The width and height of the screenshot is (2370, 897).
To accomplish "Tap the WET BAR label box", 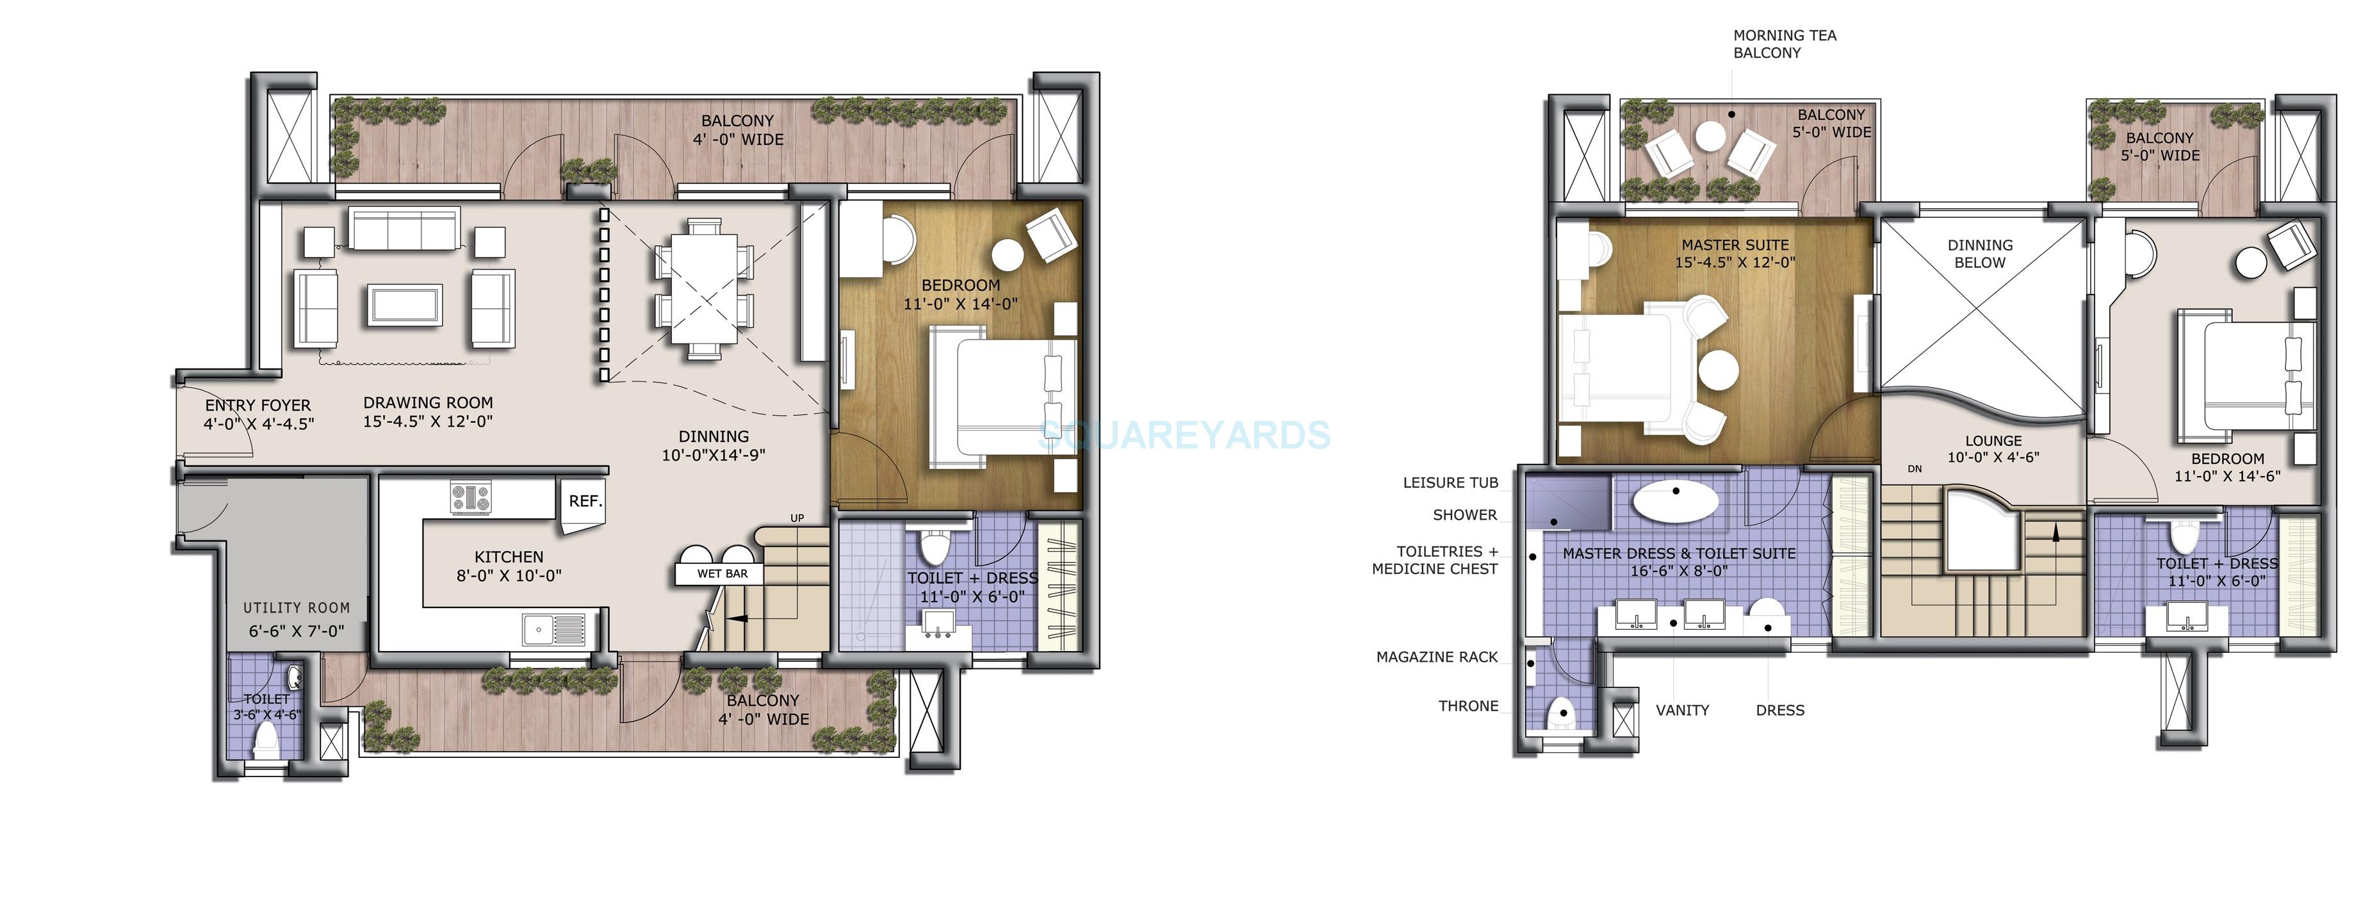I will [723, 574].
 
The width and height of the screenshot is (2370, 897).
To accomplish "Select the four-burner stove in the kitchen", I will [470, 498].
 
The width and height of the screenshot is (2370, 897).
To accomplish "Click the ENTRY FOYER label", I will [257, 406].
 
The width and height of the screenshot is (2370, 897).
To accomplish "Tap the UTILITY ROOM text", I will [296, 608].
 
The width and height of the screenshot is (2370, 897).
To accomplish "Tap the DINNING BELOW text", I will [1979, 254].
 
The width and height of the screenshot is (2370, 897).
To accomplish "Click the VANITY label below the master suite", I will [1682, 711].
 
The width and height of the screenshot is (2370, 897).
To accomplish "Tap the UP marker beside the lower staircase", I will [797, 518].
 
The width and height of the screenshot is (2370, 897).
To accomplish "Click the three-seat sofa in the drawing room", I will [404, 230].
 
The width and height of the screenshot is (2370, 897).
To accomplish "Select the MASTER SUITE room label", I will [1735, 245].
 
